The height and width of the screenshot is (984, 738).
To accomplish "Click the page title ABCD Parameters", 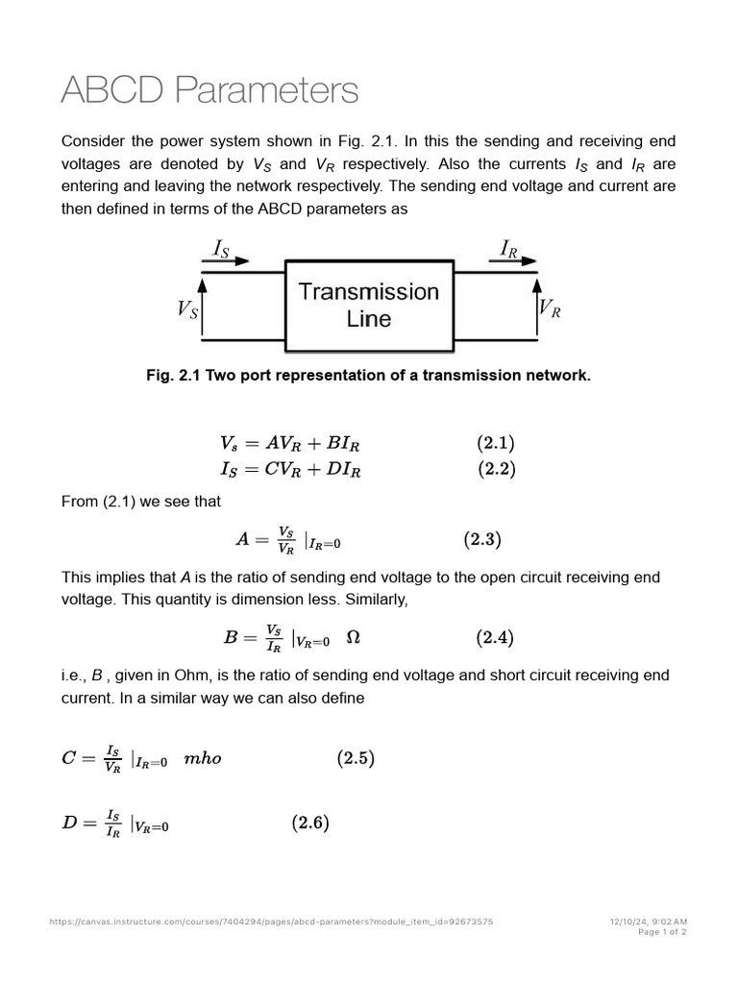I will [209, 90].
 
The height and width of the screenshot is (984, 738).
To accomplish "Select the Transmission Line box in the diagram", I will [369, 305].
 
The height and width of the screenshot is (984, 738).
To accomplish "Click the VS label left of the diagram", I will [187, 308].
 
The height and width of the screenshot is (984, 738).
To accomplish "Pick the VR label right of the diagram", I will [550, 308].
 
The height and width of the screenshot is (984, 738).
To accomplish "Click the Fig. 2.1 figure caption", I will [368, 376].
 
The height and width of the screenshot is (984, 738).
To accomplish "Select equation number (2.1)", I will [496, 443].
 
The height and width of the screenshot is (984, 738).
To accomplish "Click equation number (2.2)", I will [496, 469].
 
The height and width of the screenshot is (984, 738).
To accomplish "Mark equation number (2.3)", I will [482, 539].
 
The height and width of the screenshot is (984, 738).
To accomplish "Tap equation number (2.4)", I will [496, 636].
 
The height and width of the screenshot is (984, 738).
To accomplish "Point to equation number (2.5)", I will [355, 758].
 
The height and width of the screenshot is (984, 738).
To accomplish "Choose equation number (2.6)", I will [310, 823].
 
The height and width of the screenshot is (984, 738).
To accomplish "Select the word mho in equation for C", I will [202, 758].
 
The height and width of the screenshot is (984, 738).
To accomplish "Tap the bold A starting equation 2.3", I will [243, 540].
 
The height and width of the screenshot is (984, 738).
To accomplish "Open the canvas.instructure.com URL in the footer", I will [271, 922].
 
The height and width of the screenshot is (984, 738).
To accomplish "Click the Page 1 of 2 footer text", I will [662, 931].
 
